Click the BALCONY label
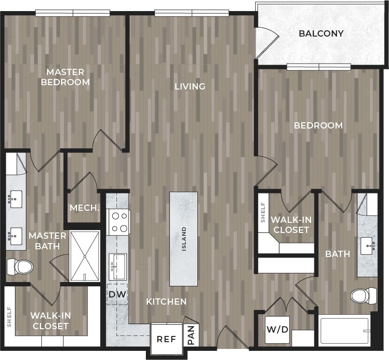(x=321, y=34)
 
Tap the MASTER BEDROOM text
(x=65, y=77)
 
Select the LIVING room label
(x=190, y=87)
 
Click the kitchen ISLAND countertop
(x=183, y=239)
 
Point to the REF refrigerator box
(x=167, y=339)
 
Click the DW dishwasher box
(x=117, y=294)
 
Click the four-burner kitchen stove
(x=119, y=222)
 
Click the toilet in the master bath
(x=20, y=266)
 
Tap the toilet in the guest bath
(x=363, y=295)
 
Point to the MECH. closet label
(x=85, y=208)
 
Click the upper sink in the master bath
(x=16, y=198)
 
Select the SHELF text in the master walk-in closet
(x=9, y=316)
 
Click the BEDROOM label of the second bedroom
(x=318, y=126)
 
